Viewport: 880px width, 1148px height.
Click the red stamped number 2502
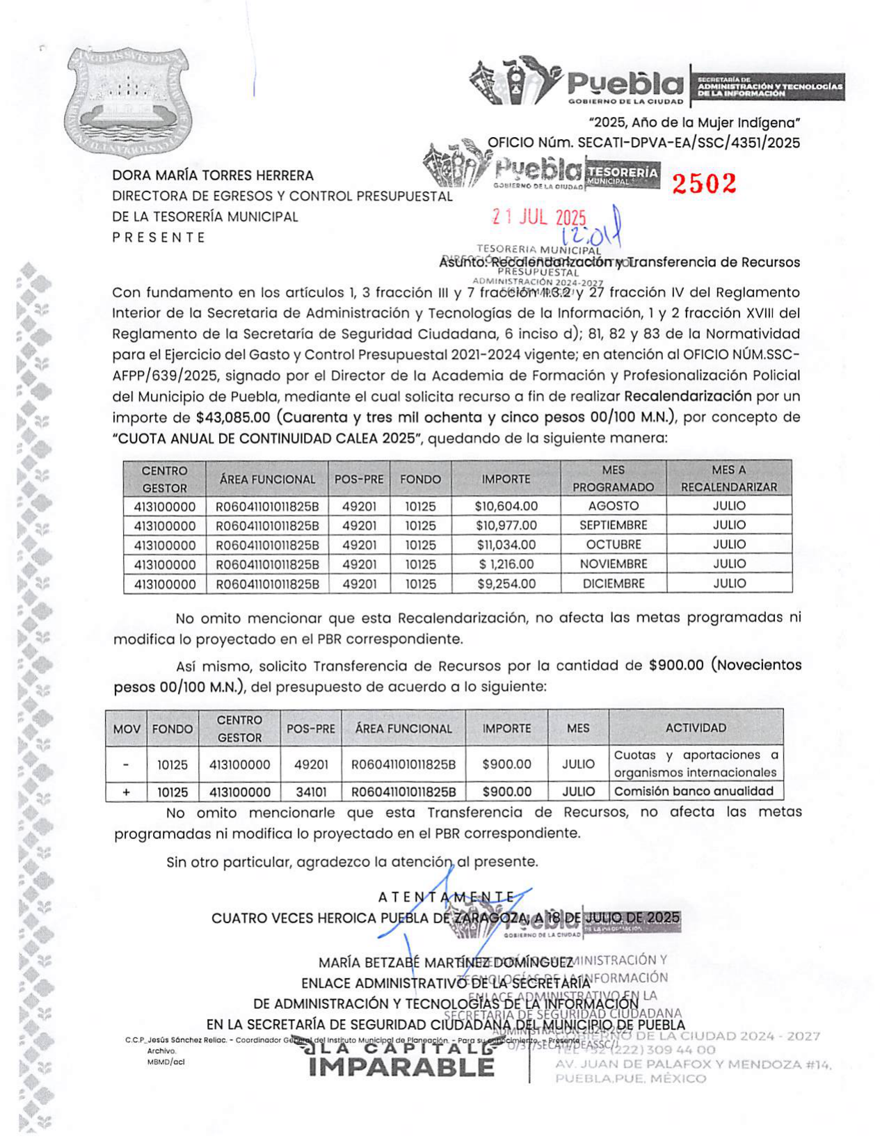pos(703,183)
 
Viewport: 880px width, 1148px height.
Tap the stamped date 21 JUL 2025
pos(539,218)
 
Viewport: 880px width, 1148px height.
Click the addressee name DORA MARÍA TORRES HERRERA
pos(213,175)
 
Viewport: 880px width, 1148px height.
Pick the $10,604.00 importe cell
pos(506,506)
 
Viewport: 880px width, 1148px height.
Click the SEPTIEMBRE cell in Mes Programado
pos(613,525)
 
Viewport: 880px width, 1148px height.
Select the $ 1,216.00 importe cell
pos(506,564)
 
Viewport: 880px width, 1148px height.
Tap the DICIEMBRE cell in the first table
pos(613,584)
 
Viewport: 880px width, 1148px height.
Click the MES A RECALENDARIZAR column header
pos(728,479)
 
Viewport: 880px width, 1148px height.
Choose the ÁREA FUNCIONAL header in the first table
pos(267,479)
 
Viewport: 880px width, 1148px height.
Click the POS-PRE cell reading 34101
pos(311,792)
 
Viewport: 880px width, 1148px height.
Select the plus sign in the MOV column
pos(126,792)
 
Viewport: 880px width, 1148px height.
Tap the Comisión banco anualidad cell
pos(694,791)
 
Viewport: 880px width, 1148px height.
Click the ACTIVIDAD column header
pos(696,728)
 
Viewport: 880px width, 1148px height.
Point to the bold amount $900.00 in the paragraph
pos(676,665)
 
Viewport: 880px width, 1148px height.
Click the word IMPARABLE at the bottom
pos(401,1067)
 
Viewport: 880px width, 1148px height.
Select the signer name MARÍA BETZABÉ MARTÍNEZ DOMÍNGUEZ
pos(445,963)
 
